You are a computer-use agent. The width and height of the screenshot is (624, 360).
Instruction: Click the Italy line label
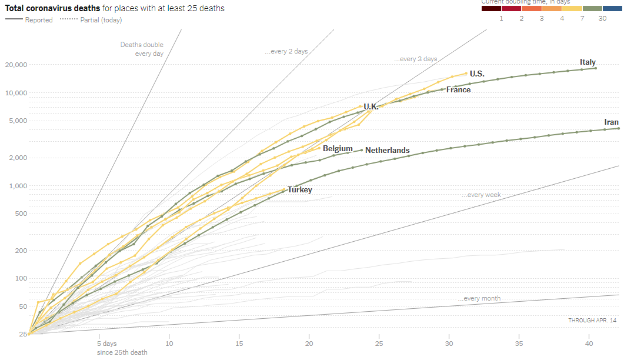pyautogui.click(x=588, y=62)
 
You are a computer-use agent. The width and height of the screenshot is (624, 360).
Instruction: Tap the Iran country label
pyautogui.click(x=611, y=122)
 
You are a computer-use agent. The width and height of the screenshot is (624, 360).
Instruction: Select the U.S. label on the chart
pyautogui.click(x=477, y=74)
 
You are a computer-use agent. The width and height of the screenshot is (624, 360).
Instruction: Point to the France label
pyautogui.click(x=458, y=89)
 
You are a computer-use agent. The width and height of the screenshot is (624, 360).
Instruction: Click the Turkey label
pyautogui.click(x=299, y=189)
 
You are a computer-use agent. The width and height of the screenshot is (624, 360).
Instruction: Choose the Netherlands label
pyautogui.click(x=387, y=150)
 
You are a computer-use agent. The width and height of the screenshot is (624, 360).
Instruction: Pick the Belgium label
pyautogui.click(x=338, y=148)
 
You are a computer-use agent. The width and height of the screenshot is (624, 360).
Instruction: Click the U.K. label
pyautogui.click(x=371, y=106)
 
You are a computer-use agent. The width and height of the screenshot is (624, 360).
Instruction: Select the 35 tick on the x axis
pyautogui.click(x=519, y=343)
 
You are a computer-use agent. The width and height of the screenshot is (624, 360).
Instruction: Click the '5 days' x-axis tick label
pyautogui.click(x=106, y=343)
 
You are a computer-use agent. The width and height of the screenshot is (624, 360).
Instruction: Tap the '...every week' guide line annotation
pyautogui.click(x=480, y=195)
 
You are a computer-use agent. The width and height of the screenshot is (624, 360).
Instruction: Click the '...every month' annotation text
pyautogui.click(x=479, y=298)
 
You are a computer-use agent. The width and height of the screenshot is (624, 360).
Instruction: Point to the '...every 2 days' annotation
pyautogui.click(x=286, y=52)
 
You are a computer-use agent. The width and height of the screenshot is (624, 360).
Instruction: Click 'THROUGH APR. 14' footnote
pyautogui.click(x=592, y=320)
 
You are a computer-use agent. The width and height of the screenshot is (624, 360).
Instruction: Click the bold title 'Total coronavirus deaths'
pyautogui.click(x=52, y=8)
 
